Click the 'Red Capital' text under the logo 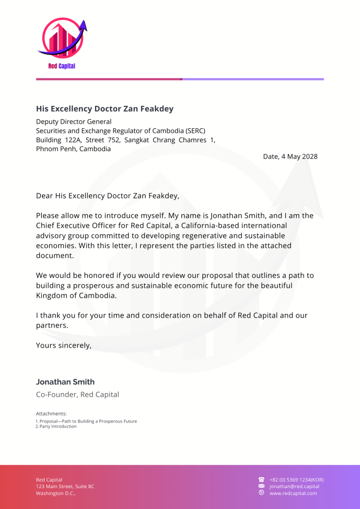pos(62,66)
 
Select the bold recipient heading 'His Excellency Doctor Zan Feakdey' pos(104,109)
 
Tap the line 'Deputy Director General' pos(74,122)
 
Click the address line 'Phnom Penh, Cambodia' pos(74,149)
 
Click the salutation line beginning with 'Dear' pos(107,196)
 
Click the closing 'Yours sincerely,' pos(64,345)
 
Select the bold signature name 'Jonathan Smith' pos(65,382)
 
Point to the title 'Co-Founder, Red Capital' pos(78,395)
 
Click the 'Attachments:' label pos(51,414)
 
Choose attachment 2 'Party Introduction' pos(58,426)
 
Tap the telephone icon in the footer pos(262,480)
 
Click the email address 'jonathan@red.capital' pos(294,487)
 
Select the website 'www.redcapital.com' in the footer pos(293,493)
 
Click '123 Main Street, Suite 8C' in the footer pos(65,487)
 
